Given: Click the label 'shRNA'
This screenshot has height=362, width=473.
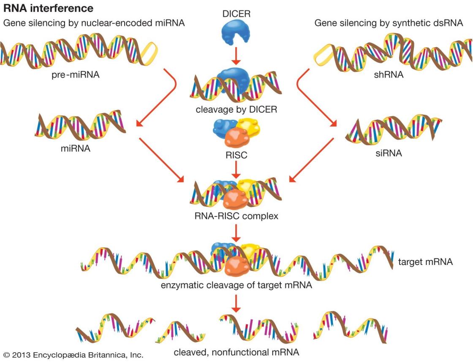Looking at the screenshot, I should point(389,76).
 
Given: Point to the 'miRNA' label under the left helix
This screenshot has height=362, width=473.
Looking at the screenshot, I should point(76,149).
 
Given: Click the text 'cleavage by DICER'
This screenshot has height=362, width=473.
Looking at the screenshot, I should point(236,110).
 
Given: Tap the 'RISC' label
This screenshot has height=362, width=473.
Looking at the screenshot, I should point(236,156).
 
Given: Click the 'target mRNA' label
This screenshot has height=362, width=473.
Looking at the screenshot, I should point(425,262).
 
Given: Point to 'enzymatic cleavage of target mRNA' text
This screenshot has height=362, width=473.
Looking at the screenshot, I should point(236,286).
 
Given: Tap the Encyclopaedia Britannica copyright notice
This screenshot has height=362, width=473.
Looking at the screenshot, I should point(73,354).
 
